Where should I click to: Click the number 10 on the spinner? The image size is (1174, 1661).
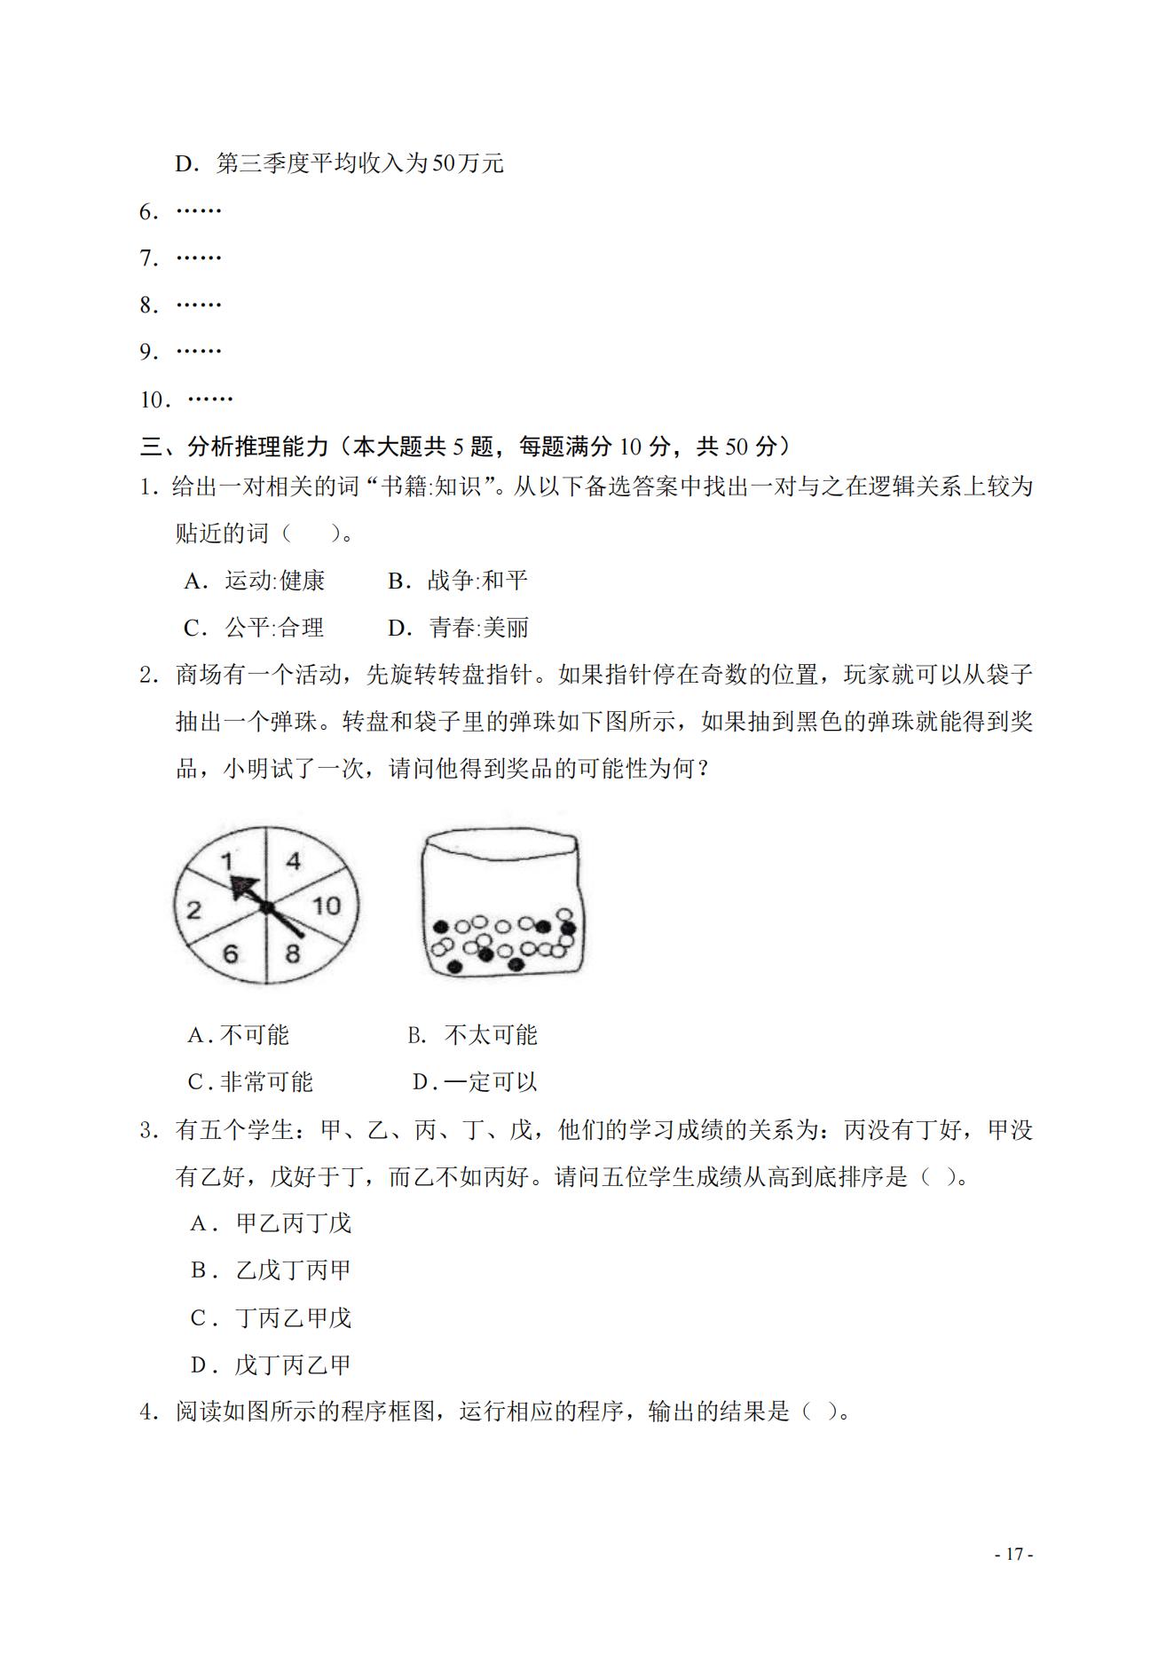pyautogui.click(x=326, y=906)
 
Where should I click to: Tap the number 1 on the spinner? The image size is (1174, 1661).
pyautogui.click(x=226, y=859)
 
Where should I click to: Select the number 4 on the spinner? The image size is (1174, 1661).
pyautogui.click(x=294, y=859)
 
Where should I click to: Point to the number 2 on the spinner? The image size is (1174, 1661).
pyautogui.click(x=193, y=910)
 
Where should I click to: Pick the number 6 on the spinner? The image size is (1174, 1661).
pyautogui.click(x=231, y=954)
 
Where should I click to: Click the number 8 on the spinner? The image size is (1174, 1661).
pyautogui.click(x=293, y=954)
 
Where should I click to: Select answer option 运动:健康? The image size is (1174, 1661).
pyautogui.click(x=274, y=581)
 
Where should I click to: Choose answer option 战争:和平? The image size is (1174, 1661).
pyautogui.click(x=477, y=581)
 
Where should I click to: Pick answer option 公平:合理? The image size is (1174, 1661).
pyautogui.click(x=274, y=628)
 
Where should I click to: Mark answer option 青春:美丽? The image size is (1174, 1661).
pyautogui.click(x=479, y=628)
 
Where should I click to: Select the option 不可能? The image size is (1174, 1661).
pyautogui.click(x=254, y=1035)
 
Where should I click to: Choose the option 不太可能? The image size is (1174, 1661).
pyautogui.click(x=490, y=1035)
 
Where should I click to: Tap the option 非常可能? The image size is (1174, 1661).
pyautogui.click(x=266, y=1082)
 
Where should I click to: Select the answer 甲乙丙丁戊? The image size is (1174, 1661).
pyautogui.click(x=294, y=1223)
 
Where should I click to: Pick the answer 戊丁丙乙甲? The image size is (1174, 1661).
pyautogui.click(x=293, y=1364)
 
